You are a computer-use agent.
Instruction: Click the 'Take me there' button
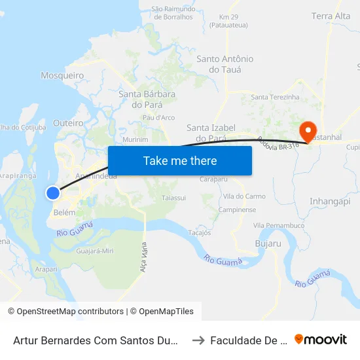click(x=180, y=160)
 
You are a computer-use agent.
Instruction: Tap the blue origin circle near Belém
click(x=53, y=192)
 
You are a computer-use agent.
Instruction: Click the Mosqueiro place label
click(x=62, y=75)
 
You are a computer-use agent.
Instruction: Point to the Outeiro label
click(x=68, y=122)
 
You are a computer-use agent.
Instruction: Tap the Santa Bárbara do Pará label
click(x=147, y=99)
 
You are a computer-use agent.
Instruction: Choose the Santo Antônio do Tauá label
click(x=225, y=64)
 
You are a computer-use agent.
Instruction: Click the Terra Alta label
click(x=331, y=16)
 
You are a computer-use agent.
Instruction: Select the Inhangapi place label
click(x=329, y=201)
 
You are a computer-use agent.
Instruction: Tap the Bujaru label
click(x=267, y=243)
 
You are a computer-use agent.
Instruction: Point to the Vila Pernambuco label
click(x=279, y=226)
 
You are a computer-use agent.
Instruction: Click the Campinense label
click(x=237, y=210)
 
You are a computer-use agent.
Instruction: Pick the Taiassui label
click(x=173, y=196)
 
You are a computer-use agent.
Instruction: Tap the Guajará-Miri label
click(x=95, y=251)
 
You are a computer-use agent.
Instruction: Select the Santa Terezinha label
click(x=275, y=97)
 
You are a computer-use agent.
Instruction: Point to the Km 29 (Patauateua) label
click(x=228, y=21)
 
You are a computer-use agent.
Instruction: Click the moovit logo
click(x=321, y=339)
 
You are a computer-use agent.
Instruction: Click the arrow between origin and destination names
click(x=199, y=340)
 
